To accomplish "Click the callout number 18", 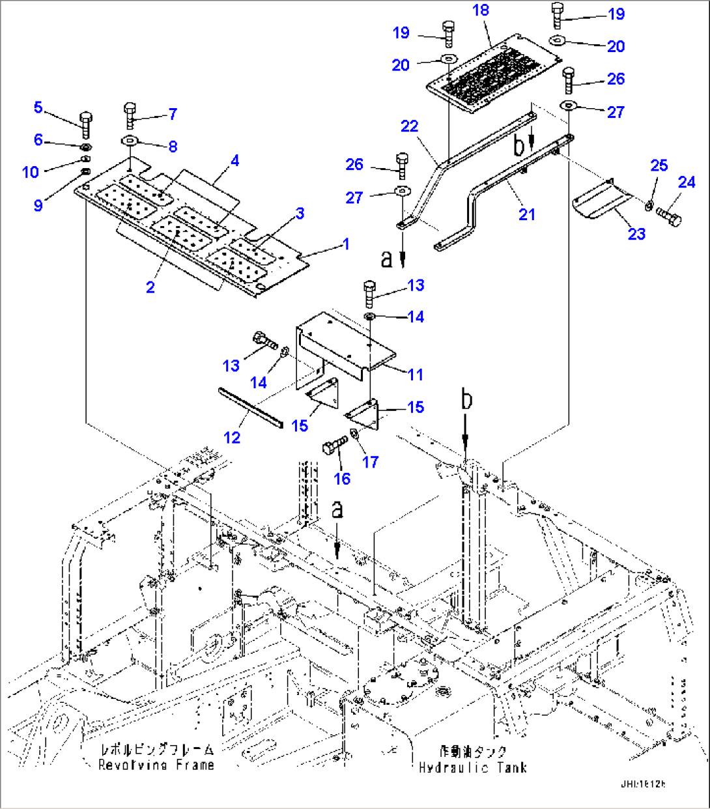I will click(x=481, y=10).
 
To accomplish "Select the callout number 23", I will click(x=636, y=233).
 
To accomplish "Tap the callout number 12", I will click(x=232, y=437).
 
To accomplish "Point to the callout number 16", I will click(x=342, y=479).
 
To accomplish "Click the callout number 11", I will click(x=415, y=375).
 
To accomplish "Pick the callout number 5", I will click(x=38, y=107).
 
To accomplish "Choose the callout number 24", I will click(x=687, y=182).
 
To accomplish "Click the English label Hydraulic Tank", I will click(x=472, y=767).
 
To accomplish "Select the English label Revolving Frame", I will click(x=156, y=765).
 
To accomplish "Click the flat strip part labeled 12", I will click(x=251, y=405).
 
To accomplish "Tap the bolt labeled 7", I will click(x=130, y=115).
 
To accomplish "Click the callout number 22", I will click(x=409, y=126).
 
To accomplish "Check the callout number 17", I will click(x=370, y=462).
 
